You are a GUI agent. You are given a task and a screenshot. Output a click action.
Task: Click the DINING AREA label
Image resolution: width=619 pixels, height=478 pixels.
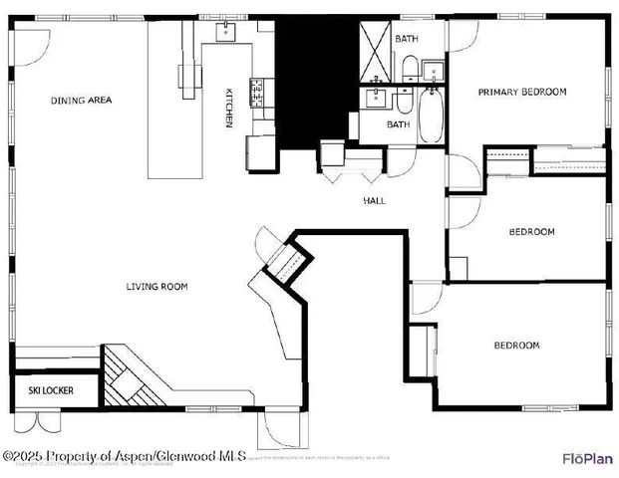click(x=82, y=100)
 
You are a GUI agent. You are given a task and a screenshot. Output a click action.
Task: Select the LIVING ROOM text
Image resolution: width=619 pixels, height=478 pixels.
click(x=156, y=287)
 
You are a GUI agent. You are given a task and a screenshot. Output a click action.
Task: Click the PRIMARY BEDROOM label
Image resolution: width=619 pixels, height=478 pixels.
click(x=521, y=92)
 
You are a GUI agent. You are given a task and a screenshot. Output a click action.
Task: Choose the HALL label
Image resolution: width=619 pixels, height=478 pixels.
click(x=374, y=200)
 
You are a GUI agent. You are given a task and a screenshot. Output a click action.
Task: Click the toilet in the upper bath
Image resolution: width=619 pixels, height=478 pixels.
click(x=410, y=68)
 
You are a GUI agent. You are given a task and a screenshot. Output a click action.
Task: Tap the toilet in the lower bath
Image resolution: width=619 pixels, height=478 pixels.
click(x=404, y=100)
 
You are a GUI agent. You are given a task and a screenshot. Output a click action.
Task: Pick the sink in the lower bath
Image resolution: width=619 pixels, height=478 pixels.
click(x=377, y=98)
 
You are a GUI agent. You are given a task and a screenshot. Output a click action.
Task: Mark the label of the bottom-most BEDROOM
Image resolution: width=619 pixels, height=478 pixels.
click(x=516, y=346)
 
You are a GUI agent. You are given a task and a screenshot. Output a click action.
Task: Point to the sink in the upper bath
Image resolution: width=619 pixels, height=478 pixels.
click(x=434, y=70)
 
